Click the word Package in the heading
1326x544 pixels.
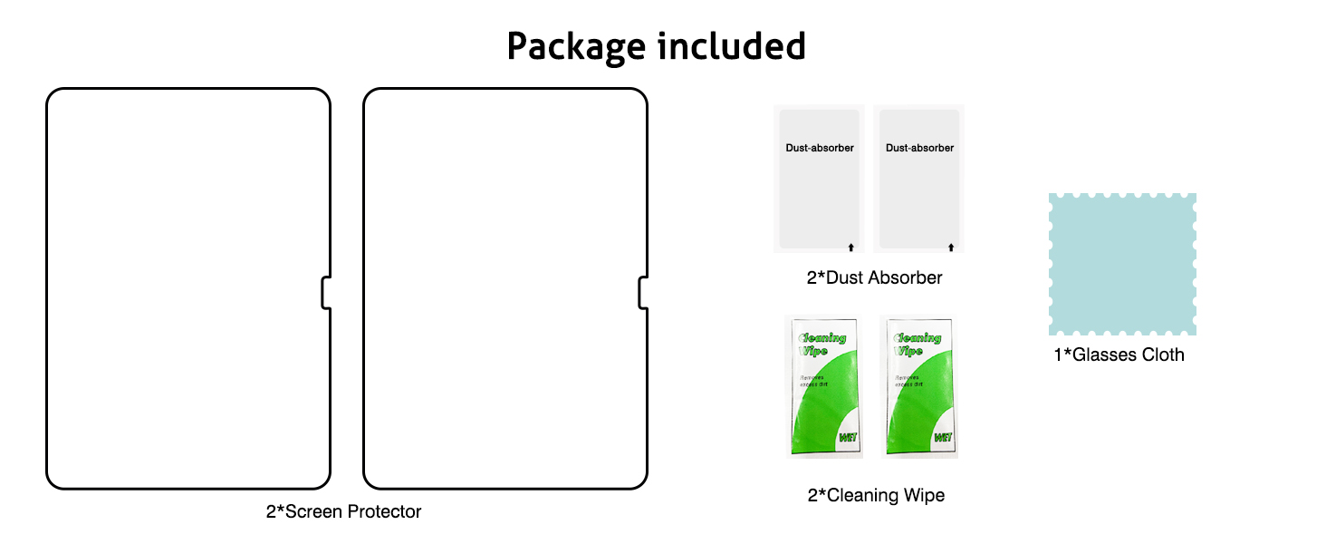[x=578, y=46]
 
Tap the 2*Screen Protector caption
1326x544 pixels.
[x=343, y=511]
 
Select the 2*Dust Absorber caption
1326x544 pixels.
[x=874, y=277]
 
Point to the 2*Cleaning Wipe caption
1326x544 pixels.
[x=876, y=495]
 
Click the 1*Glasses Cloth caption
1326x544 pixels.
[x=1119, y=355]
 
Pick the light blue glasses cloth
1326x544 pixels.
[x=1122, y=263]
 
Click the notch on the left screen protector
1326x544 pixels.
[x=326, y=293]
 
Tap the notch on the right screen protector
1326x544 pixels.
[x=643, y=293]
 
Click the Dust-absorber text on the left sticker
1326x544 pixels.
[x=819, y=148]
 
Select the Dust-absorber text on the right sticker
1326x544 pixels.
[x=919, y=148]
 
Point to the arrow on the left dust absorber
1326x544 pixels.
[x=850, y=246]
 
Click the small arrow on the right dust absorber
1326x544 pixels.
[x=950, y=246]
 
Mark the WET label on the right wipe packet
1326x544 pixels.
[x=942, y=438]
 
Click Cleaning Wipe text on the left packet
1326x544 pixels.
[x=820, y=344]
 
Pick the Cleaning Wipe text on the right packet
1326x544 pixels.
[x=918, y=344]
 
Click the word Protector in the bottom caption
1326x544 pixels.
[x=385, y=511]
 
